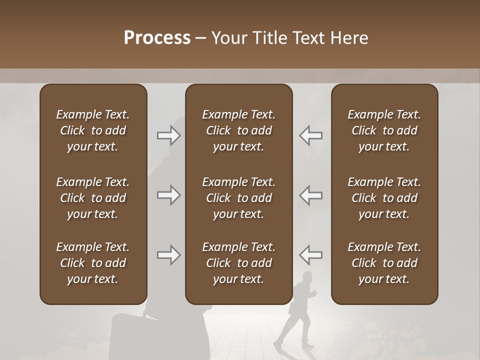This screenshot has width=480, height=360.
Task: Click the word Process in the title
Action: (x=157, y=38)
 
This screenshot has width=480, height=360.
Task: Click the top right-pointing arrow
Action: (x=168, y=135)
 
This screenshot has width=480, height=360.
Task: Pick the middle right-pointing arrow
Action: (x=168, y=195)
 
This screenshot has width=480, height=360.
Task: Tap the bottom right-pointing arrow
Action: (x=168, y=255)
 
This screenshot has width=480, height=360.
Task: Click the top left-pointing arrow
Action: (x=310, y=135)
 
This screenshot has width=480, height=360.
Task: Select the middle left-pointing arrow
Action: (x=310, y=195)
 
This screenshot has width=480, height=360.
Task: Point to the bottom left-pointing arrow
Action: (x=310, y=255)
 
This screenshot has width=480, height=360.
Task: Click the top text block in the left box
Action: (x=93, y=130)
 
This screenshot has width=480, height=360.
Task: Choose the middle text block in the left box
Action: (x=93, y=198)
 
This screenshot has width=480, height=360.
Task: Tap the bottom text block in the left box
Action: (x=93, y=263)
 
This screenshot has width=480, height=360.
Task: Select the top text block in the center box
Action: (x=238, y=130)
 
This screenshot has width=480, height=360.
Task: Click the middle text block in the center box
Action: (x=238, y=198)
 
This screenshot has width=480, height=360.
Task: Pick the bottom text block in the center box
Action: (x=238, y=263)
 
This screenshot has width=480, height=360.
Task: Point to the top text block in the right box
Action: (x=384, y=130)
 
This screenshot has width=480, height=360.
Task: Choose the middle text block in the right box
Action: (x=384, y=198)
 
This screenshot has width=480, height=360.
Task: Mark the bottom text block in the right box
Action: (x=384, y=263)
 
